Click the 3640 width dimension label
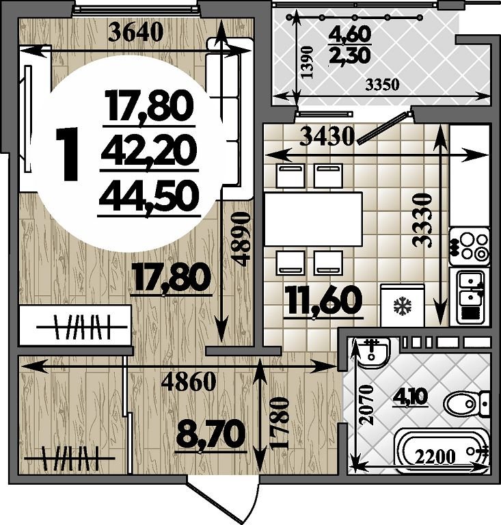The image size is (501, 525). click(136, 33)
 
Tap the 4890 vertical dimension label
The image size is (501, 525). click(242, 239)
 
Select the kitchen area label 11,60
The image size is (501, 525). click(323, 301)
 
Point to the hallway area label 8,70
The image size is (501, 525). click(210, 434)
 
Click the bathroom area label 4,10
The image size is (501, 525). click(413, 398)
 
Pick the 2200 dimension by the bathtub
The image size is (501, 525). click(435, 457)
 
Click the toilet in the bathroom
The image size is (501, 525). click(467, 403)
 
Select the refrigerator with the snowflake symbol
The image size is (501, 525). click(403, 305)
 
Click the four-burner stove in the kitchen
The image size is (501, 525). click(469, 246)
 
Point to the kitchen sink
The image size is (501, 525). click(470, 296)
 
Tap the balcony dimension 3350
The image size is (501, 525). click(381, 85)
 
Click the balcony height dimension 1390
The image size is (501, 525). click(307, 62)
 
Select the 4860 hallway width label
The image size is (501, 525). click(188, 381)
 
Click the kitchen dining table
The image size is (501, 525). click(314, 219)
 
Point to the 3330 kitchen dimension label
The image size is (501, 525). click(422, 219)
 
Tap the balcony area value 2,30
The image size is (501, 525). click(350, 55)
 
